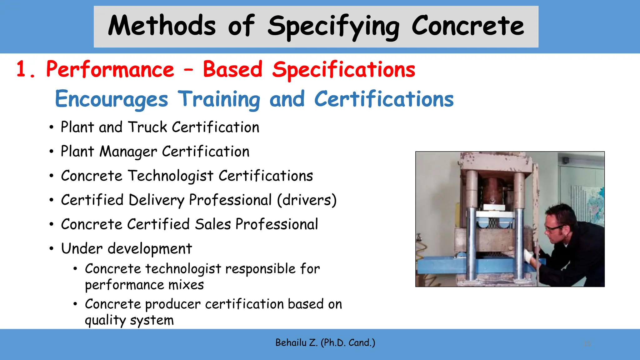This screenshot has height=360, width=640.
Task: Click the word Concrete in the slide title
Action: (x=467, y=26)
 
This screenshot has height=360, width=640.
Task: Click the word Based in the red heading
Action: (x=232, y=69)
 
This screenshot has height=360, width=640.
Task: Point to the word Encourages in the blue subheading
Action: (x=112, y=99)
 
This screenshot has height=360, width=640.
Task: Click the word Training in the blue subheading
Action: (x=219, y=99)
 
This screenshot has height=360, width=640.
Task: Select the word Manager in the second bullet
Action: (x=128, y=152)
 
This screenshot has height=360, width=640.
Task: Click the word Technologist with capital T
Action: (x=171, y=176)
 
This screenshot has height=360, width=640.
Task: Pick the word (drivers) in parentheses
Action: (x=307, y=200)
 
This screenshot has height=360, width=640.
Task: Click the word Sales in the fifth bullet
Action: (x=213, y=224)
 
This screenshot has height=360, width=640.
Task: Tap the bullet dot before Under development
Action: (x=52, y=249)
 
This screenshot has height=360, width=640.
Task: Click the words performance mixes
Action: (x=144, y=285)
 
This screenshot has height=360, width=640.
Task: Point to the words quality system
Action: (x=129, y=320)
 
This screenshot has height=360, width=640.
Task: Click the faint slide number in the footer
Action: (x=587, y=344)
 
